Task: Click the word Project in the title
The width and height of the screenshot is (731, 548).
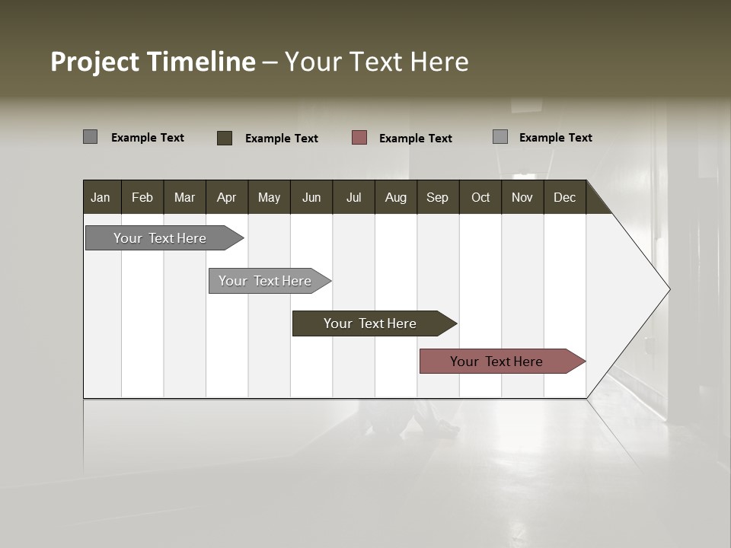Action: point(95,62)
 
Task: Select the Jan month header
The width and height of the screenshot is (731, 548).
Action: point(101,198)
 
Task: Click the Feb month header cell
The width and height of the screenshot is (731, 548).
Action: point(142,198)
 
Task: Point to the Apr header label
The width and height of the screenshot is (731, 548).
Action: point(226,198)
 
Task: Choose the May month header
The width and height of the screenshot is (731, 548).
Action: point(269,198)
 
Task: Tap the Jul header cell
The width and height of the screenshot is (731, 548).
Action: point(353,198)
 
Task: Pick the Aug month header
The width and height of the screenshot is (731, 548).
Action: point(395,198)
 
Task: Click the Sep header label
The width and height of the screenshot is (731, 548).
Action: point(437,198)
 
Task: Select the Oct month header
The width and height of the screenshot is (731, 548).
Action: point(480,198)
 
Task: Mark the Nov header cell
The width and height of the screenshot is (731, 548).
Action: point(522,198)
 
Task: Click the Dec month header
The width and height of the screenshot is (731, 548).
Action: point(564,198)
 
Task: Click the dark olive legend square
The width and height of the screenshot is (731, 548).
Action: point(225,138)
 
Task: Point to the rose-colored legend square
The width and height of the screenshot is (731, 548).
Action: point(359,138)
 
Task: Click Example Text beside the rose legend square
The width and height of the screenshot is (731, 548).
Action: point(415,139)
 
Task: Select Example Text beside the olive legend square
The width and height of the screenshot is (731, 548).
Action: point(281,139)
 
